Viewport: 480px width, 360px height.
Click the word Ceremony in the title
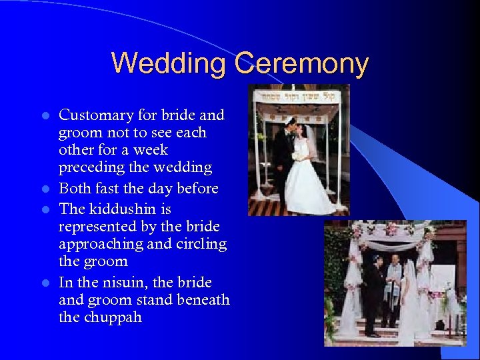click(301, 64)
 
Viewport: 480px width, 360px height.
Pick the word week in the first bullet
click(150, 150)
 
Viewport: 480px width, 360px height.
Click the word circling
click(201, 244)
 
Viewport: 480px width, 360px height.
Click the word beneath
click(203, 300)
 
